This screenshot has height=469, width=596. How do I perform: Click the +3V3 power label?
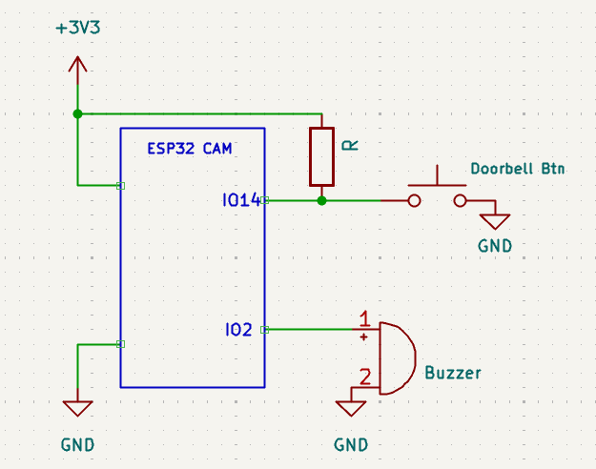click(77, 28)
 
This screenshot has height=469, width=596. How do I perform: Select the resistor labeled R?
click(321, 156)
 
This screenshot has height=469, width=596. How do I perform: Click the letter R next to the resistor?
click(350, 145)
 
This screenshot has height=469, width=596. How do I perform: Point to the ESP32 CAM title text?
click(189, 149)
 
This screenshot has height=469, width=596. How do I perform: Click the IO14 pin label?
click(240, 201)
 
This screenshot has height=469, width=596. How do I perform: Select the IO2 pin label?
click(238, 330)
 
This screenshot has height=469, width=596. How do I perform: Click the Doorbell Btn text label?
click(518, 170)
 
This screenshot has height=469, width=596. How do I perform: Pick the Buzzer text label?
click(453, 373)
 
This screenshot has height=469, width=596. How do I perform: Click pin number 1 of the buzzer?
click(364, 317)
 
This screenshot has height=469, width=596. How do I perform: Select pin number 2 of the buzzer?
click(363, 376)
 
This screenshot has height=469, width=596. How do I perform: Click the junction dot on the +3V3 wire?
click(77, 113)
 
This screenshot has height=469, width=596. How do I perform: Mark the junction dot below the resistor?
click(321, 201)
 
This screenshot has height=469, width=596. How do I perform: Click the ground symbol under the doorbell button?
click(495, 221)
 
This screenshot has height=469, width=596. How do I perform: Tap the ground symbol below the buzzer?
click(351, 408)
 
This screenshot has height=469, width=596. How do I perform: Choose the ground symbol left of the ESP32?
click(77, 408)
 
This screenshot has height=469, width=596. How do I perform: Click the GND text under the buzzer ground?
click(351, 444)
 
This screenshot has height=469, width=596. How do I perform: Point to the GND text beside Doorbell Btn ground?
click(495, 246)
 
